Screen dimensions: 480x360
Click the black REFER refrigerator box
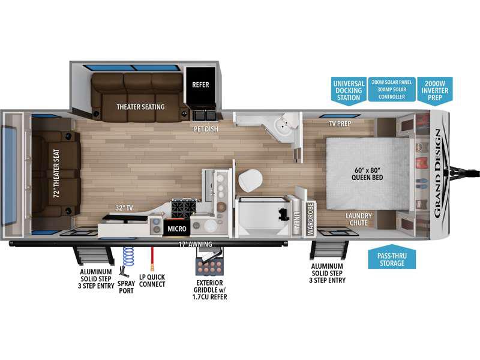[200, 85]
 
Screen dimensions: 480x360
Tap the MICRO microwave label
[176, 229]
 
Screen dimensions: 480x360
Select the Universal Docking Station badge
[349, 91]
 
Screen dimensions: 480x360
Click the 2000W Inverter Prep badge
[434, 91]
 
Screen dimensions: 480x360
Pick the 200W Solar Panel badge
[392, 89]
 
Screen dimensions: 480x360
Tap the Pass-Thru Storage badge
[392, 257]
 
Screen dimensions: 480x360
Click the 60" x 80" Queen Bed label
[367, 174]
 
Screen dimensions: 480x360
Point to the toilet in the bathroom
[250, 181]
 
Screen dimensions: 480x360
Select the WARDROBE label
[310, 218]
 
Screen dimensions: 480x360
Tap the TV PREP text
[340, 124]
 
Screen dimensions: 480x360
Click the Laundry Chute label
[358, 220]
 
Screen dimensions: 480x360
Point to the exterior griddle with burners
[209, 266]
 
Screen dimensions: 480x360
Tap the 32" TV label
[124, 208]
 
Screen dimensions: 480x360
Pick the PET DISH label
[206, 129]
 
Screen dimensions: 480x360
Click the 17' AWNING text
[196, 244]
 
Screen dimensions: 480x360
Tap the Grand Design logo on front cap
[438, 173]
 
